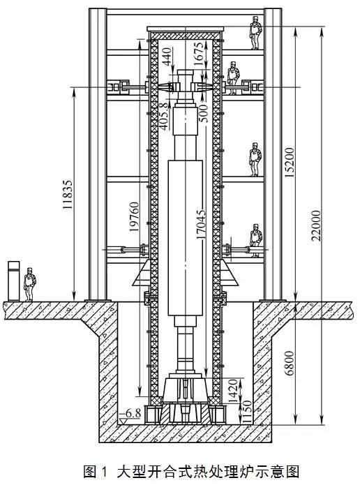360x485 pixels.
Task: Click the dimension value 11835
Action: click(68, 194)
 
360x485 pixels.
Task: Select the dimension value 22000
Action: click(316, 225)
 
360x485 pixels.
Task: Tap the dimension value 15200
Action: click(290, 163)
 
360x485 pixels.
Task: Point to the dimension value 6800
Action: click(289, 363)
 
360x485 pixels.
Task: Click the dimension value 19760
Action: click(134, 217)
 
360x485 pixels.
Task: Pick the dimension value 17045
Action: click(201, 224)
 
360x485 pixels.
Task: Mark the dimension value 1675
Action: click(199, 54)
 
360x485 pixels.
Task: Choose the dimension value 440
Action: click(167, 57)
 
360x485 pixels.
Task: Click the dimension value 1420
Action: click(234, 391)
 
